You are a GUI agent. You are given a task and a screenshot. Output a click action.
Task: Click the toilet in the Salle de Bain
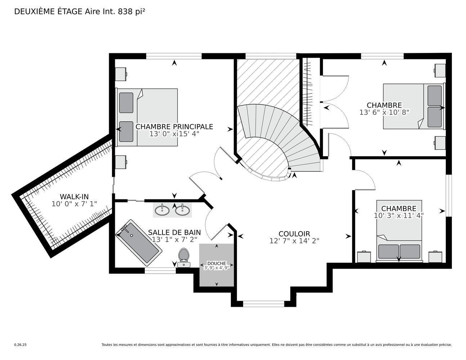tap(184, 257)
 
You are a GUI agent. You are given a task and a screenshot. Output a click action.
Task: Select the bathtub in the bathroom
tap(139, 242)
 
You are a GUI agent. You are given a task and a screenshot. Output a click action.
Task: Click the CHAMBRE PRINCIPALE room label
tap(174, 127)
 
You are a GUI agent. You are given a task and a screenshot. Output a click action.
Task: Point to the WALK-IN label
tap(74, 197)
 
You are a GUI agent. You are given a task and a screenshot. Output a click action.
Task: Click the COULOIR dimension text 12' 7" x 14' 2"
tap(294, 241)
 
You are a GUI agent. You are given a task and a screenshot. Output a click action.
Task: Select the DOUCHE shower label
tap(216, 264)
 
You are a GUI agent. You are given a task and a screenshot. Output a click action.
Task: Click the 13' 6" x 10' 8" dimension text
tap(384, 112)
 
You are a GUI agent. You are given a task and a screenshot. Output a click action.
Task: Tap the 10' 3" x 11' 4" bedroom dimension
tap(399, 216)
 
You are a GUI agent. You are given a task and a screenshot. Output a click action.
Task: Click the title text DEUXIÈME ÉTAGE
tap(49, 12)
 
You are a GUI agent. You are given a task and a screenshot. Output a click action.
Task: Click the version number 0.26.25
tap(20, 345)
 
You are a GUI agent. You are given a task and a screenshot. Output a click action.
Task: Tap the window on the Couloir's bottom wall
tap(264, 304)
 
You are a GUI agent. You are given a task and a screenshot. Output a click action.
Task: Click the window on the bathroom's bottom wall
tap(160, 271)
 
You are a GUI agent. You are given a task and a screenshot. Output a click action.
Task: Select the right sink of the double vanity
tap(183, 210)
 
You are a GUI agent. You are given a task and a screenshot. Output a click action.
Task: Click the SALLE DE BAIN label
tap(174, 233)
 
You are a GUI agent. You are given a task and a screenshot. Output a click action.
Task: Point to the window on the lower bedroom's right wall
tap(449, 196)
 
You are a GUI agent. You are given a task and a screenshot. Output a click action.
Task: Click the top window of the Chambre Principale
tap(174, 56)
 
